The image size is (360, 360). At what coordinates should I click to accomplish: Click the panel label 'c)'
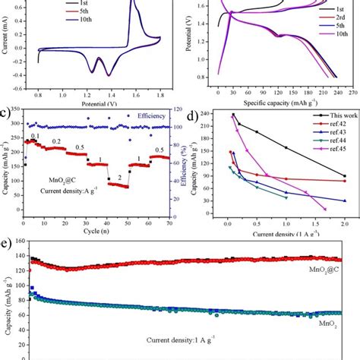[6, 116]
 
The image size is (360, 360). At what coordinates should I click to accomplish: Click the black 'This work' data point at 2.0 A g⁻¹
[345, 176]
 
